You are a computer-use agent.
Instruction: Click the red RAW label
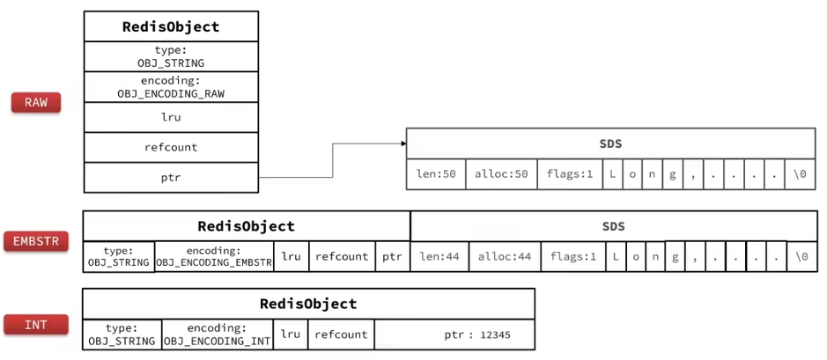[36, 102]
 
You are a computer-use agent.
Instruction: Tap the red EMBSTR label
[36, 241]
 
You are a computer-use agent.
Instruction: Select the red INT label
[36, 324]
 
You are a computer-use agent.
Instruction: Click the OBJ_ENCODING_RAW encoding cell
[172, 87]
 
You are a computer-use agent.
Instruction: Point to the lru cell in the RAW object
[172, 117]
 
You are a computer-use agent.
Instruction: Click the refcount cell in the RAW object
[172, 147]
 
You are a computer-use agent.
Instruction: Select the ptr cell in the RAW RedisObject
[172, 178]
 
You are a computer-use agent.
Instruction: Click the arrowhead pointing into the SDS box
[403, 143]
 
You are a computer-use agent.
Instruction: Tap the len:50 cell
[436, 174]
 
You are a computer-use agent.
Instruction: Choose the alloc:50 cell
[502, 174]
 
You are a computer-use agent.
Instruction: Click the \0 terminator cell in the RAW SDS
[800, 174]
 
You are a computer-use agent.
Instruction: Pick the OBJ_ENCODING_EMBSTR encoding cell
[214, 256]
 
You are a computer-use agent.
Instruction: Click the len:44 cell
[439, 257]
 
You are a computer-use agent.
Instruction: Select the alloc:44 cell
[505, 257]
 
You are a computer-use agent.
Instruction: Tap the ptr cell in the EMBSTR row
[393, 257]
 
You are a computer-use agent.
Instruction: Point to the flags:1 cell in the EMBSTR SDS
[573, 257]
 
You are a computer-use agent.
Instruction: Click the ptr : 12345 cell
[454, 334]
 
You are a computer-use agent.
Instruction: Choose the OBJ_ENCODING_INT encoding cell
[217, 334]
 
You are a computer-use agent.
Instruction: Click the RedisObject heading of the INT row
[308, 304]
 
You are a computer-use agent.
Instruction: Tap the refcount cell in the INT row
[341, 334]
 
